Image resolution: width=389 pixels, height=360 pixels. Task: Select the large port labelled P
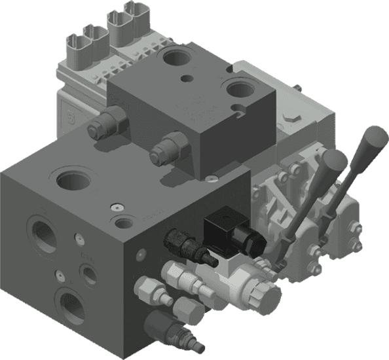pyautogui.click(x=68, y=306)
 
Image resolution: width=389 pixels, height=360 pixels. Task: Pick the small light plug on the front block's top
pyautogui.click(x=117, y=207)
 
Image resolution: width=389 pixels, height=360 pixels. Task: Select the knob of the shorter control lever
pyautogui.click(x=335, y=160)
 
